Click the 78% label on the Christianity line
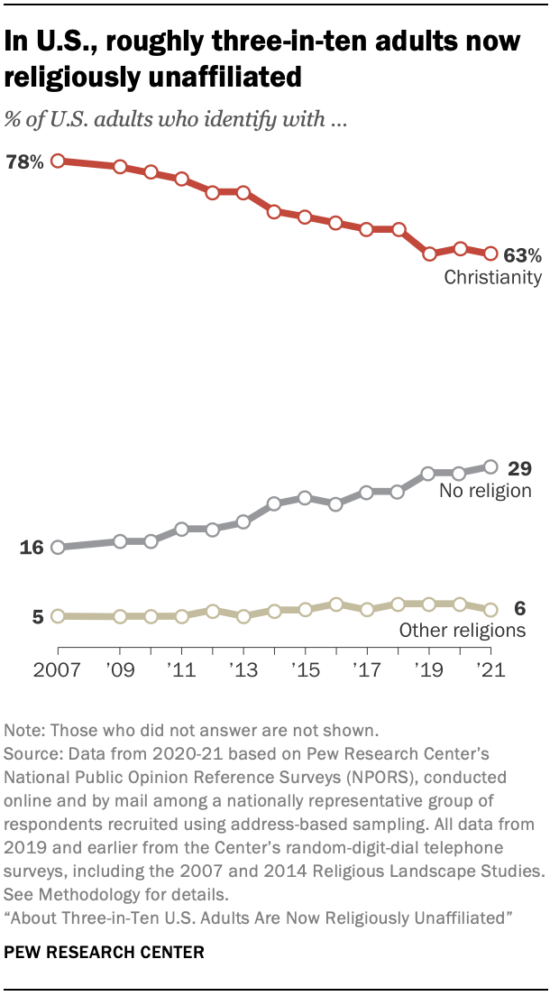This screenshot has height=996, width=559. pyautogui.click(x=24, y=162)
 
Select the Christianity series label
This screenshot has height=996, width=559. pyautogui.click(x=492, y=278)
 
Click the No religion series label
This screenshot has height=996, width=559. pyautogui.click(x=485, y=492)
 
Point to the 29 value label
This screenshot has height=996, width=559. pyautogui.click(x=520, y=468)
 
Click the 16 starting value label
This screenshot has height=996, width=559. pyautogui.click(x=32, y=548)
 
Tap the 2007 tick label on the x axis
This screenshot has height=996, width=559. pyautogui.click(x=57, y=672)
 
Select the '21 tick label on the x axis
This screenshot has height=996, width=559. pyautogui.click(x=490, y=672)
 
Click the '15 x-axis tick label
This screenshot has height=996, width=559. pyautogui.click(x=305, y=672)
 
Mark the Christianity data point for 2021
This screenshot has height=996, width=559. pyautogui.click(x=490, y=254)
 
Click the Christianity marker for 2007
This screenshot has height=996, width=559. pyautogui.click(x=58, y=161)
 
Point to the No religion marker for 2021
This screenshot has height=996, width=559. pyautogui.click(x=490, y=466)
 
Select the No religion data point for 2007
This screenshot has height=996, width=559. pyautogui.click(x=58, y=547)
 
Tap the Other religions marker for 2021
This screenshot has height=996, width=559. pyautogui.click(x=490, y=610)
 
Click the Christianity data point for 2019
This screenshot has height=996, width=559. pyautogui.click(x=429, y=254)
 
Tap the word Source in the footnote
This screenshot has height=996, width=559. pyautogui.click(x=29, y=752)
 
